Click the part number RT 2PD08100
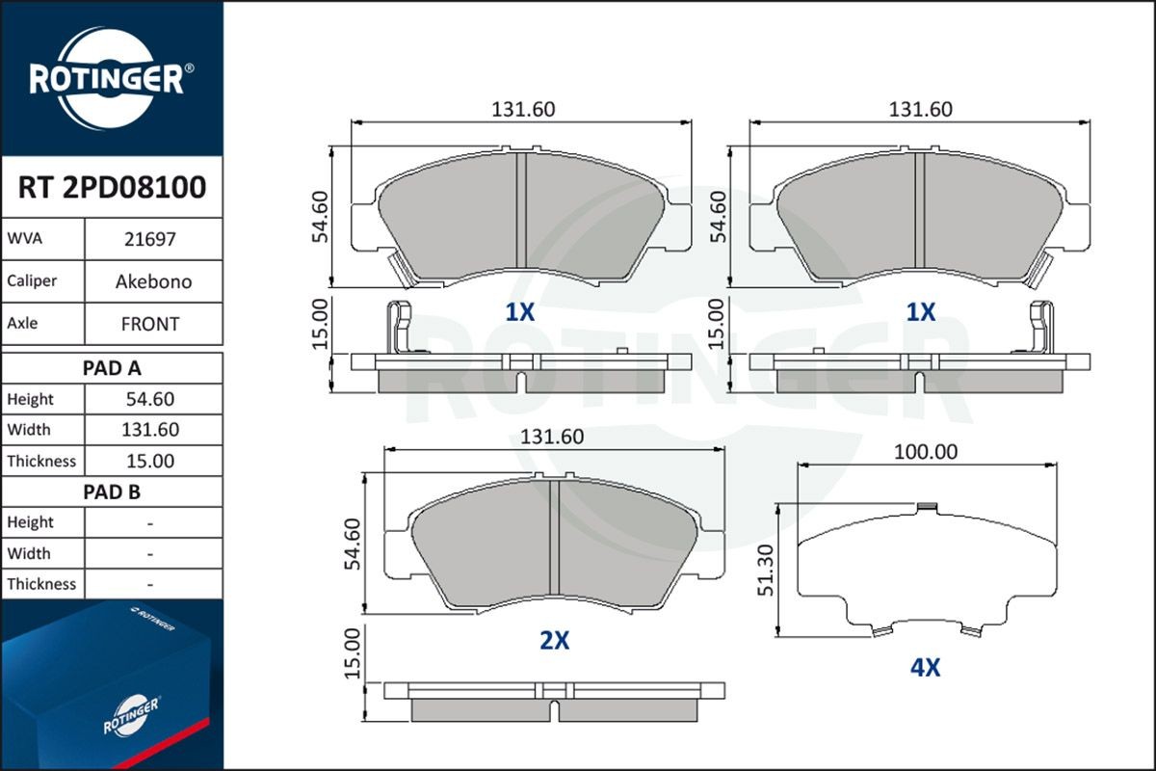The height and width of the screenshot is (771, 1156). [112, 187]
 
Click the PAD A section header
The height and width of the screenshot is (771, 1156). [112, 367]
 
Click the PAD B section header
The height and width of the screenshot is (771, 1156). [112, 492]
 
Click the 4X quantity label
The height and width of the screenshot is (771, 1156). [924, 668]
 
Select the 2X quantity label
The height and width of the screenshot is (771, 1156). [554, 641]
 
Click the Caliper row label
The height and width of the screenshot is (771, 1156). [32, 281]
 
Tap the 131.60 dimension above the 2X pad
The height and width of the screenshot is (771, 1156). [552, 437]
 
